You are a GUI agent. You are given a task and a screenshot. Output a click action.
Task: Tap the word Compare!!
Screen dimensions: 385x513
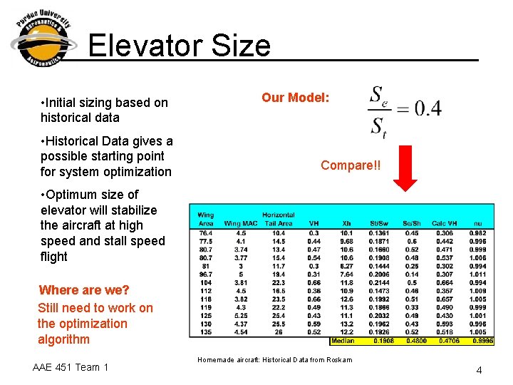pos(351,165)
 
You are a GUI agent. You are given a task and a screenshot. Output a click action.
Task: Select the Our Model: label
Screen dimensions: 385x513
pos(295,97)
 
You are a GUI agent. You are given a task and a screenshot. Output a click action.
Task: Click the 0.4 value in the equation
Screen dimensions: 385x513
pos(427,108)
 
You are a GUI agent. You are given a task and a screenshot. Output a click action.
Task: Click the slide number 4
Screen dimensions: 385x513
pos(480,370)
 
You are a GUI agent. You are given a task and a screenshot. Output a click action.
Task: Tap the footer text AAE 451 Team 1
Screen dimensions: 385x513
pos(71,367)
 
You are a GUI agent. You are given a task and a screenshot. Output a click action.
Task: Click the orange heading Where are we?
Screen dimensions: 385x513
pos(84,290)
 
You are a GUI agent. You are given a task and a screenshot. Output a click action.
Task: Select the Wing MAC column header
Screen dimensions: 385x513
pos(241,224)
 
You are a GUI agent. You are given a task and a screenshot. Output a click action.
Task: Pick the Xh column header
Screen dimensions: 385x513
pos(347,224)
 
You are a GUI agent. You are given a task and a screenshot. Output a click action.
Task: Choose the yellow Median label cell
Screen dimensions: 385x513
pos(342,341)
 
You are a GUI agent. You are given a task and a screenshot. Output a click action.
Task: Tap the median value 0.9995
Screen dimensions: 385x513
pos(483,341)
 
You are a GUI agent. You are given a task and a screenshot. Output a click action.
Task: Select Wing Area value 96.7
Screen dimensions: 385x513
pos(205,274)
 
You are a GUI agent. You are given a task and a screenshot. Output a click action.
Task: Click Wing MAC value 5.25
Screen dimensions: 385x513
pos(241,315)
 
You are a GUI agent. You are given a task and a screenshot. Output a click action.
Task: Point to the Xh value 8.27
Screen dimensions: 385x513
pos(347,265)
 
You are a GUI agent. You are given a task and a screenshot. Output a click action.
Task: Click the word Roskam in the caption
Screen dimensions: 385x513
pos(338,360)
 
